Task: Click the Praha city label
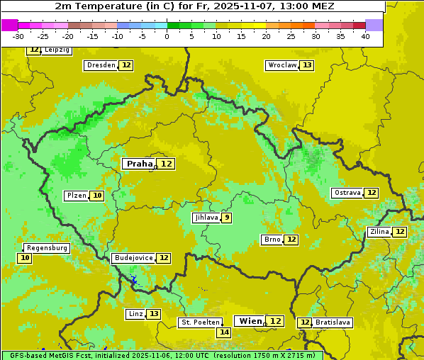click(x=139, y=164)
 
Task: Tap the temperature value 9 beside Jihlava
click(x=226, y=218)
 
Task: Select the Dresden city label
click(x=100, y=65)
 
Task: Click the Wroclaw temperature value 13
click(x=306, y=65)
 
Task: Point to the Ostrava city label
click(x=347, y=193)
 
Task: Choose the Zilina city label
click(x=379, y=232)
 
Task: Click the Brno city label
click(x=272, y=240)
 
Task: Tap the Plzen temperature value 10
click(x=97, y=196)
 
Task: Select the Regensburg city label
click(x=47, y=248)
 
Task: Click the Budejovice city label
click(x=133, y=258)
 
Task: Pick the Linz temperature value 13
click(x=154, y=314)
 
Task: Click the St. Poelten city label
click(x=201, y=322)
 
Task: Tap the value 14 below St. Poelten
click(x=223, y=332)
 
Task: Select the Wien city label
click(x=250, y=321)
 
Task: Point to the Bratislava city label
click(x=333, y=322)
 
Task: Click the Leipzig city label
click(x=56, y=50)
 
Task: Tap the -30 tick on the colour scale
click(x=19, y=36)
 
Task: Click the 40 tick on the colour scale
click(x=365, y=36)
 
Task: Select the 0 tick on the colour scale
click(x=167, y=36)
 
